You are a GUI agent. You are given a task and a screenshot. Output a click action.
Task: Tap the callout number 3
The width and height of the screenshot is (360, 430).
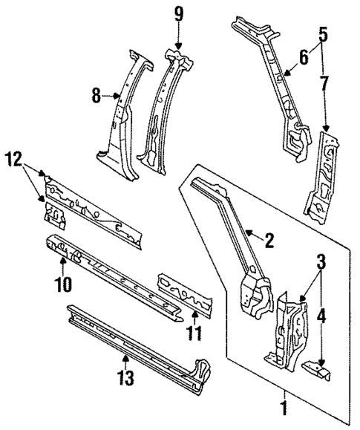point(321,261)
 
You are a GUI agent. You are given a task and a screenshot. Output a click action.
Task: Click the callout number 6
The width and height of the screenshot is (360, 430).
point(303,56)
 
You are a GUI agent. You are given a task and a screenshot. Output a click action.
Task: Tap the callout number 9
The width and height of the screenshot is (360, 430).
point(177,14)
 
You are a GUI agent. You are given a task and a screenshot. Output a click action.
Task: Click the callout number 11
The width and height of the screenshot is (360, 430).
point(194,333)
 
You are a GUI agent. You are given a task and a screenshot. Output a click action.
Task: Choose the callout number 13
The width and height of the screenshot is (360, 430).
point(125,379)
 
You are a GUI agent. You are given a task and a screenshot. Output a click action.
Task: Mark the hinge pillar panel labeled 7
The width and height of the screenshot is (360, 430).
point(321,175)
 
